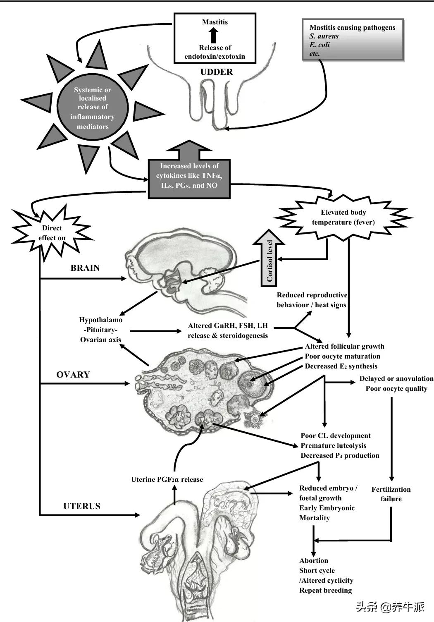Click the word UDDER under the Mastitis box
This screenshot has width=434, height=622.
coord(217,72)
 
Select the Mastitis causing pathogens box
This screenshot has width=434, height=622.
coord(353,40)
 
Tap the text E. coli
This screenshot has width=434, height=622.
coord(320,45)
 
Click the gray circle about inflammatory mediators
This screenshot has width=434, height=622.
coord(93,108)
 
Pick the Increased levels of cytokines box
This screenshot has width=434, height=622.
coord(189,176)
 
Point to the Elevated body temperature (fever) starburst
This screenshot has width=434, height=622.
coord(343,217)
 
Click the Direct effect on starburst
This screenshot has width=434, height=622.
coord(52,233)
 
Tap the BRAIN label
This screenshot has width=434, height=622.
coord(85,268)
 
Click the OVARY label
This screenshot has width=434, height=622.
coord(73,375)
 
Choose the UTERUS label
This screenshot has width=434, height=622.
coord(82,506)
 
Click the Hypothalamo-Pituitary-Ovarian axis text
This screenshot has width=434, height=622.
coord(101,330)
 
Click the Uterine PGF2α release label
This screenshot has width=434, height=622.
coord(167,480)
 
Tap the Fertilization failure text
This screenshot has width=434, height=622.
coord(391,494)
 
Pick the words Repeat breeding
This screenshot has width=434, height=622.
coord(326,590)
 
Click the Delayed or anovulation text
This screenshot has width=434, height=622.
coord(396,378)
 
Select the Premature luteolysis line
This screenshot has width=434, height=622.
coord(334,445)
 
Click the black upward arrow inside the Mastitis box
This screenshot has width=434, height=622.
coord(214,35)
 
